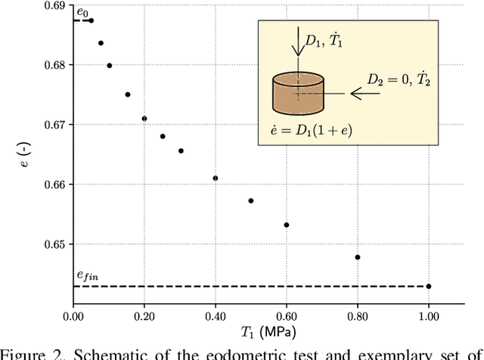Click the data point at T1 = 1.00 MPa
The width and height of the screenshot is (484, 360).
pyautogui.click(x=429, y=286)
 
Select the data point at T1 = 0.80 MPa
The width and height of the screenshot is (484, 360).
pyautogui.click(x=358, y=257)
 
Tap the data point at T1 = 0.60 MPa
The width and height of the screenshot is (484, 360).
pyautogui.click(x=287, y=225)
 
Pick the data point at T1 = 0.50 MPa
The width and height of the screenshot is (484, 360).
pyautogui.click(x=251, y=200)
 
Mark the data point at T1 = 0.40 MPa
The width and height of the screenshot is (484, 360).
pyautogui.click(x=216, y=178)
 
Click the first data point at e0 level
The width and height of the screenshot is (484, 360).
pyautogui.click(x=91, y=20)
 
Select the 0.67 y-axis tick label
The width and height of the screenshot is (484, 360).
pyautogui.click(x=54, y=125)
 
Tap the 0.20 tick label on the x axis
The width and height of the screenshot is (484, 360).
pyautogui.click(x=144, y=316)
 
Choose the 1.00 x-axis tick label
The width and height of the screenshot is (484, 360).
pyautogui.click(x=429, y=316)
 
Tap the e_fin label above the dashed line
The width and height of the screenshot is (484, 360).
pyautogui.click(x=88, y=279)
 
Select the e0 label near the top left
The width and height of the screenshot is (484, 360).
pyautogui.click(x=82, y=12)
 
